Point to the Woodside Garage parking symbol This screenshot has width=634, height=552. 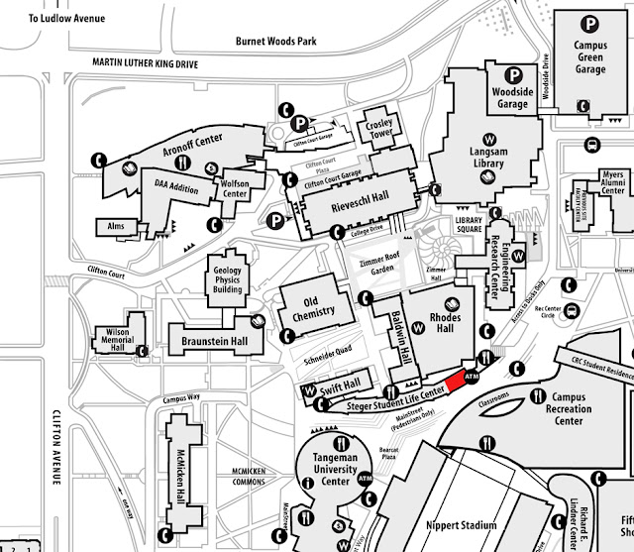[515, 73]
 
